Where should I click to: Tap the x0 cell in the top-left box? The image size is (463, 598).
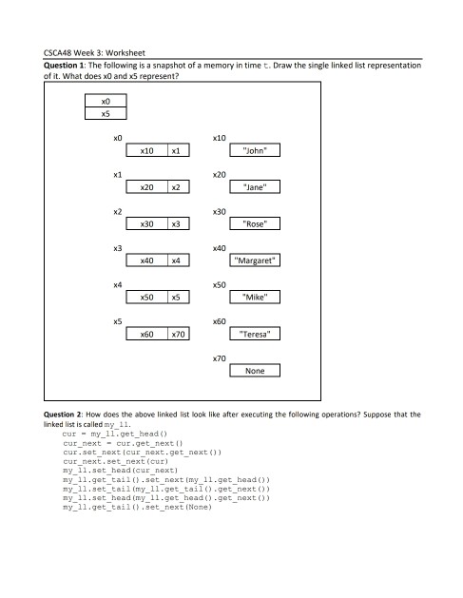click(106, 100)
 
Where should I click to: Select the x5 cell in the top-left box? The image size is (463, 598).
click(106, 113)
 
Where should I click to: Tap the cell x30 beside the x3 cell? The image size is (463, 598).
click(148, 224)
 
